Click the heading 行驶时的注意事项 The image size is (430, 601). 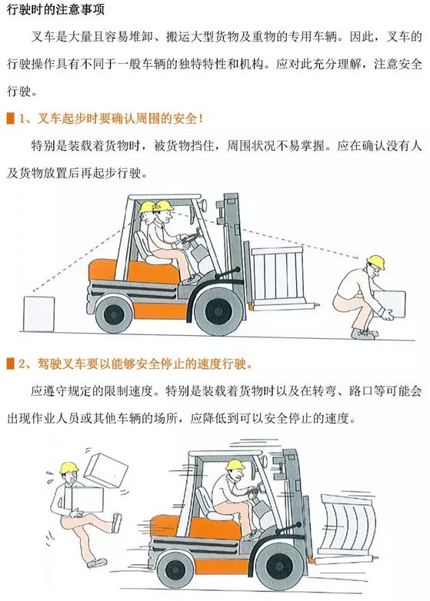coord(55,9)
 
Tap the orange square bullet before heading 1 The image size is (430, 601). coord(10,118)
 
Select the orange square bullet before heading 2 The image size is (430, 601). coord(10,364)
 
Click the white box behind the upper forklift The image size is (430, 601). coord(38,314)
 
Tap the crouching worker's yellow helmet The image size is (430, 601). coord(375,262)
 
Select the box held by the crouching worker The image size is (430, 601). coord(390,304)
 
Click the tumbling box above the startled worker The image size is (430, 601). coord(105,470)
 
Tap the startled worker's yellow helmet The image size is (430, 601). coord(69,468)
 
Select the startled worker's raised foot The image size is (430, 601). coord(117,523)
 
